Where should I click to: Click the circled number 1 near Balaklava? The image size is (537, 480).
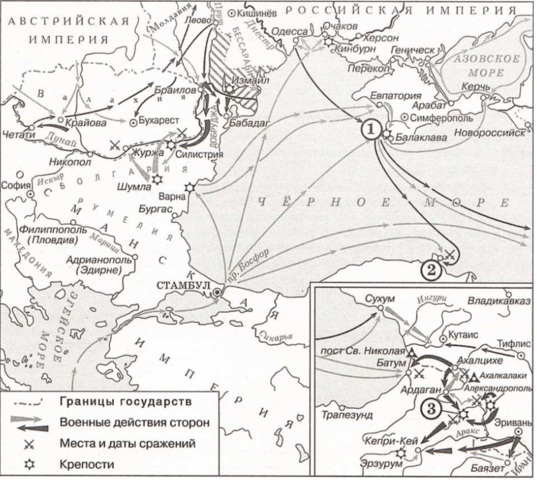pos(371,129)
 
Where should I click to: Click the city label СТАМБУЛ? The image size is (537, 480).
pos(183,285)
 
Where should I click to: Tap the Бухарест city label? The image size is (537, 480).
pos(159,121)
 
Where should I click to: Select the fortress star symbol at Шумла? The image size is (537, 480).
pos(156,179)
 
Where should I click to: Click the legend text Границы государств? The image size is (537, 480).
pos(125,401)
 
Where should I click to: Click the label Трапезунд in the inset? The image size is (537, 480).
pos(347,415)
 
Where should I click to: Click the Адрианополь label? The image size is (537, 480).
pos(98,259)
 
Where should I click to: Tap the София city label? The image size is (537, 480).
pos(16,185)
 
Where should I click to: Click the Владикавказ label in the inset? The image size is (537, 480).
pos(499,301)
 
